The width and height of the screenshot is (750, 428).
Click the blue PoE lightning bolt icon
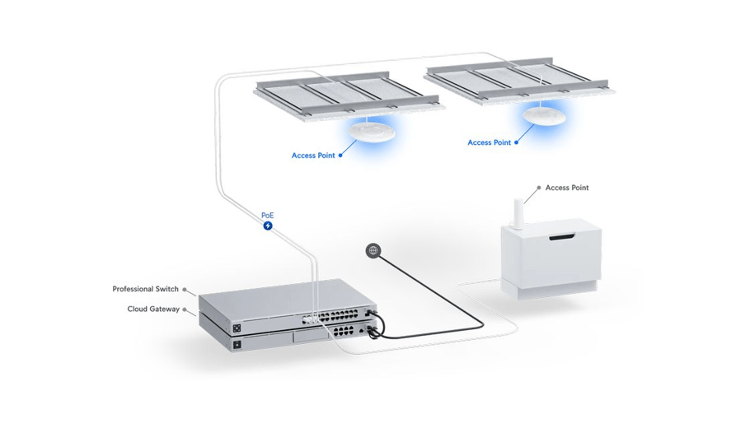(268, 226)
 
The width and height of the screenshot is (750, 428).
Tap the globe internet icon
(373, 250)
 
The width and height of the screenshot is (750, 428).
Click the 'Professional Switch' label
(145, 290)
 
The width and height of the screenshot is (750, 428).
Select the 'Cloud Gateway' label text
(152, 309)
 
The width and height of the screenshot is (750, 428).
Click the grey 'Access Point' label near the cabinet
(567, 188)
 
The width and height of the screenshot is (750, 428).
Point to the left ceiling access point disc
(373, 129)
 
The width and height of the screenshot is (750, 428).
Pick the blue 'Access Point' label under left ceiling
(313, 156)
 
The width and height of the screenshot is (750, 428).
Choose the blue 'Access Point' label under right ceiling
(490, 143)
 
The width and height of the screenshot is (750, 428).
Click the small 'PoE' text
(268, 215)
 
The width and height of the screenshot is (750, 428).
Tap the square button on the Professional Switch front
(237, 327)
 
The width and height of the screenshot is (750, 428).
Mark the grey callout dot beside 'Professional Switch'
(185, 290)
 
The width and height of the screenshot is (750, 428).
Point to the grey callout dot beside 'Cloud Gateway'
(186, 309)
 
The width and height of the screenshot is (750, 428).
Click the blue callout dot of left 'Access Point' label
(340, 156)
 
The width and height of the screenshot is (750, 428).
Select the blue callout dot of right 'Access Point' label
(517, 143)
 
